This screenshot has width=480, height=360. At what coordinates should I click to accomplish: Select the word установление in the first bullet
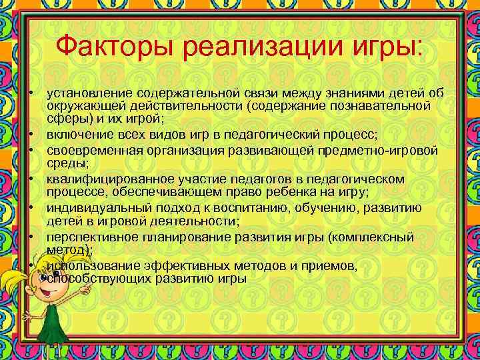click(87, 93)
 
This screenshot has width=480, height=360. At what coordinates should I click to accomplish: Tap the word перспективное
click(88, 237)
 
